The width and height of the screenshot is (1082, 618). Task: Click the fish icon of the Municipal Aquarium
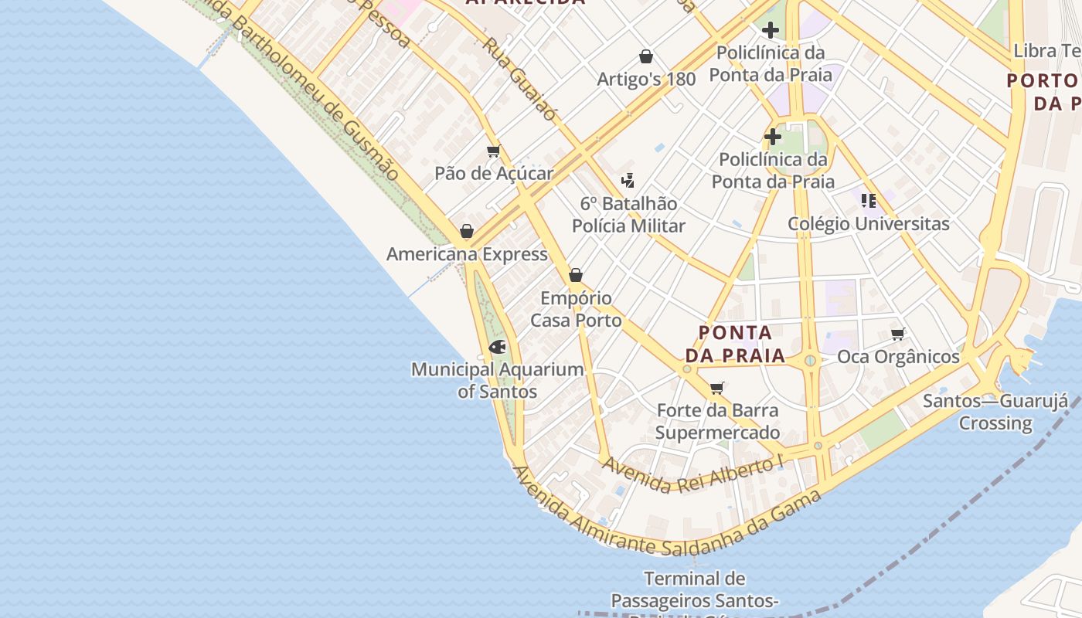click(x=497, y=347)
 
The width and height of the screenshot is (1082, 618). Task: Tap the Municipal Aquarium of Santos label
click(x=497, y=380)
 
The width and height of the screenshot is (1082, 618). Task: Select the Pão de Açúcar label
click(x=494, y=173)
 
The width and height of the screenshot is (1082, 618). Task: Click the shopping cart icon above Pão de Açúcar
click(x=493, y=151)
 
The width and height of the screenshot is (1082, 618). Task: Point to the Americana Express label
click(x=467, y=254)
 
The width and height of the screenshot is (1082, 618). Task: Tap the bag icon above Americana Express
click(x=466, y=231)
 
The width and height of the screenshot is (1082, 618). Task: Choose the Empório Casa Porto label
click(x=576, y=309)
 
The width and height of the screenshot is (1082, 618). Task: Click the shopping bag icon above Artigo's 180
click(x=646, y=56)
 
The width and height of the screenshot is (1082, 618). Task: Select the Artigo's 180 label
click(x=646, y=79)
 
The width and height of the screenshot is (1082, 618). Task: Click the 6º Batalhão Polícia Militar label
click(x=628, y=215)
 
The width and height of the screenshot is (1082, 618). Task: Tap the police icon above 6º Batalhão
click(x=628, y=181)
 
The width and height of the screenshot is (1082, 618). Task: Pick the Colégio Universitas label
click(x=868, y=224)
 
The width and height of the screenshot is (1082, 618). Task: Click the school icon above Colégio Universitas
click(x=868, y=201)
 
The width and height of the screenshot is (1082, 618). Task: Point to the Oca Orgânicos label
click(x=898, y=357)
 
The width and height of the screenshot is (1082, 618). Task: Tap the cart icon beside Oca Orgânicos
click(x=897, y=334)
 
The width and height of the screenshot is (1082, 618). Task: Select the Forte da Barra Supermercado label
click(x=717, y=421)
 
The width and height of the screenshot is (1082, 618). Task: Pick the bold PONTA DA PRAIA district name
click(x=735, y=345)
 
